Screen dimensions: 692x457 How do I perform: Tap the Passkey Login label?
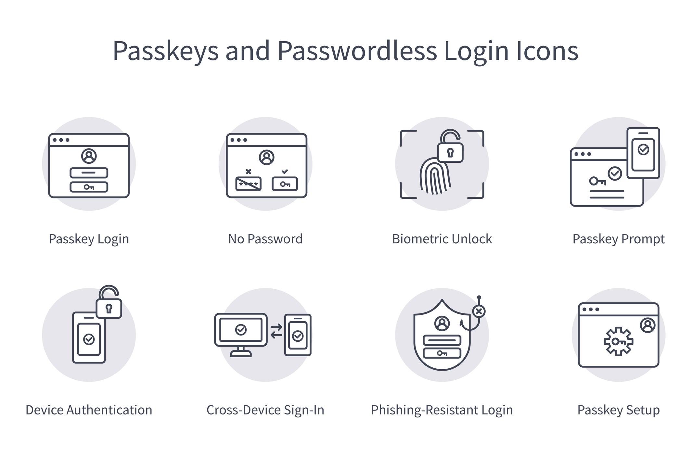(89, 239)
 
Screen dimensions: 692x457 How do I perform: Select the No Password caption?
(265, 239)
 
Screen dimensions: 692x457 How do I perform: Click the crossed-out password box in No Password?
(248, 184)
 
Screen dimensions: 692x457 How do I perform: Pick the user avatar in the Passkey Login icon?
(89, 156)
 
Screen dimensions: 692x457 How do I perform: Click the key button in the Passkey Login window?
(89, 187)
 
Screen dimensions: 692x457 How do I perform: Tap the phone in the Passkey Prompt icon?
(643, 153)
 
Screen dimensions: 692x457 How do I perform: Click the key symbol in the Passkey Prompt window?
(597, 181)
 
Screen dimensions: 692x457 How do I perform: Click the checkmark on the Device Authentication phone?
(89, 339)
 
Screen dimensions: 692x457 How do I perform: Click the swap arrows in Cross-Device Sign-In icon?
(276, 331)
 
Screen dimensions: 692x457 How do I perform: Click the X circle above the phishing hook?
(479, 311)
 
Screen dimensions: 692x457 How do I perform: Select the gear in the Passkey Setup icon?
(618, 341)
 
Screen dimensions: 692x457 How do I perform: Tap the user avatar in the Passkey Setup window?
(647, 325)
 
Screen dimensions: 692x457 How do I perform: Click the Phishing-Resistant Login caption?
(442, 410)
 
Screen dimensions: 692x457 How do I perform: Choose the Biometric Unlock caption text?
(442, 239)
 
